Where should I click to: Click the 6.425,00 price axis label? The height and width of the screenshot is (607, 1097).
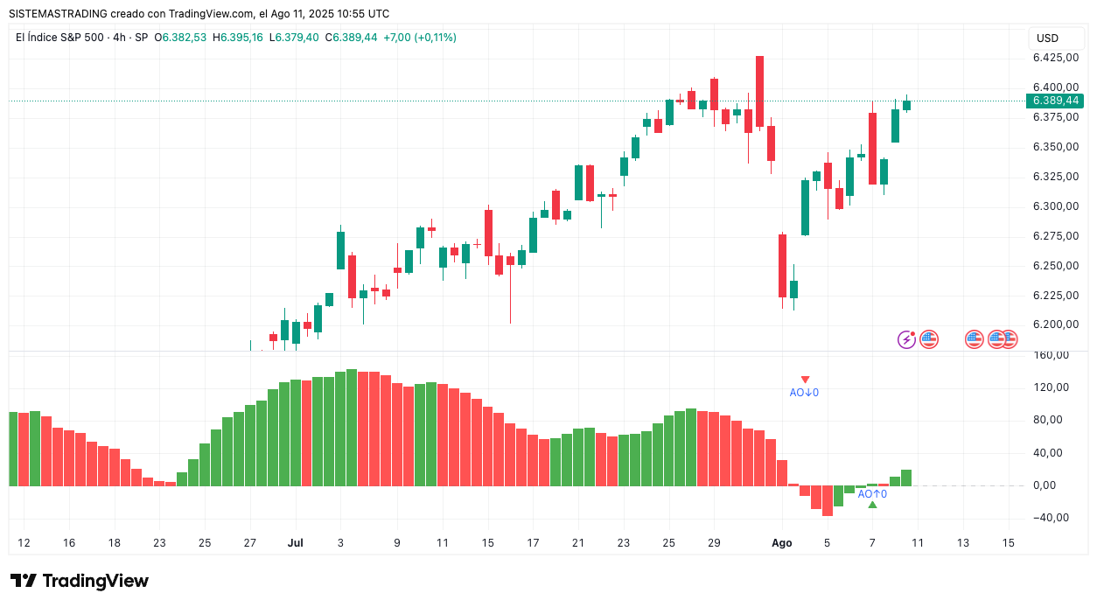coord(1054,58)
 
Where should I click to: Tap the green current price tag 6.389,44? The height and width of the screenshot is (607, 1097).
coord(1056,101)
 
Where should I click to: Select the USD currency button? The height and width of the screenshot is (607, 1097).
coord(1047,38)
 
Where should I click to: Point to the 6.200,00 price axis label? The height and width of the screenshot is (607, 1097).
coord(1054,324)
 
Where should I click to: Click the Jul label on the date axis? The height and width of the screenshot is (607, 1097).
coord(295,543)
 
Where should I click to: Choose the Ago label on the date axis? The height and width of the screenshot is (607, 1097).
coord(782,543)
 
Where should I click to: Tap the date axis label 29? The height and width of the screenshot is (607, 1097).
coord(714,543)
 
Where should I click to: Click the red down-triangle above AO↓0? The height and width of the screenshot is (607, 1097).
coord(805,380)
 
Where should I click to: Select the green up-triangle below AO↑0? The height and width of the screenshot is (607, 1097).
coord(872,505)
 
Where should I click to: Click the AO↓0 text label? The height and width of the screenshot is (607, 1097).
coord(804,393)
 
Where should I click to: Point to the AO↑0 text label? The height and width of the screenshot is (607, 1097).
coord(872,494)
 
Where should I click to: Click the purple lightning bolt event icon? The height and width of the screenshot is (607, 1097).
coord(906,339)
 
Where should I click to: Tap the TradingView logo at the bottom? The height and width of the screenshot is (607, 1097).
coord(80,581)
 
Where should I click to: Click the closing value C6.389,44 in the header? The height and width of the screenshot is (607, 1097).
coord(351,38)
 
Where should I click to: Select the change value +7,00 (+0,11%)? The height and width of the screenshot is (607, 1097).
coord(420,38)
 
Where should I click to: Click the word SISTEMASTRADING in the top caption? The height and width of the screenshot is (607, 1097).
coord(57,14)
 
